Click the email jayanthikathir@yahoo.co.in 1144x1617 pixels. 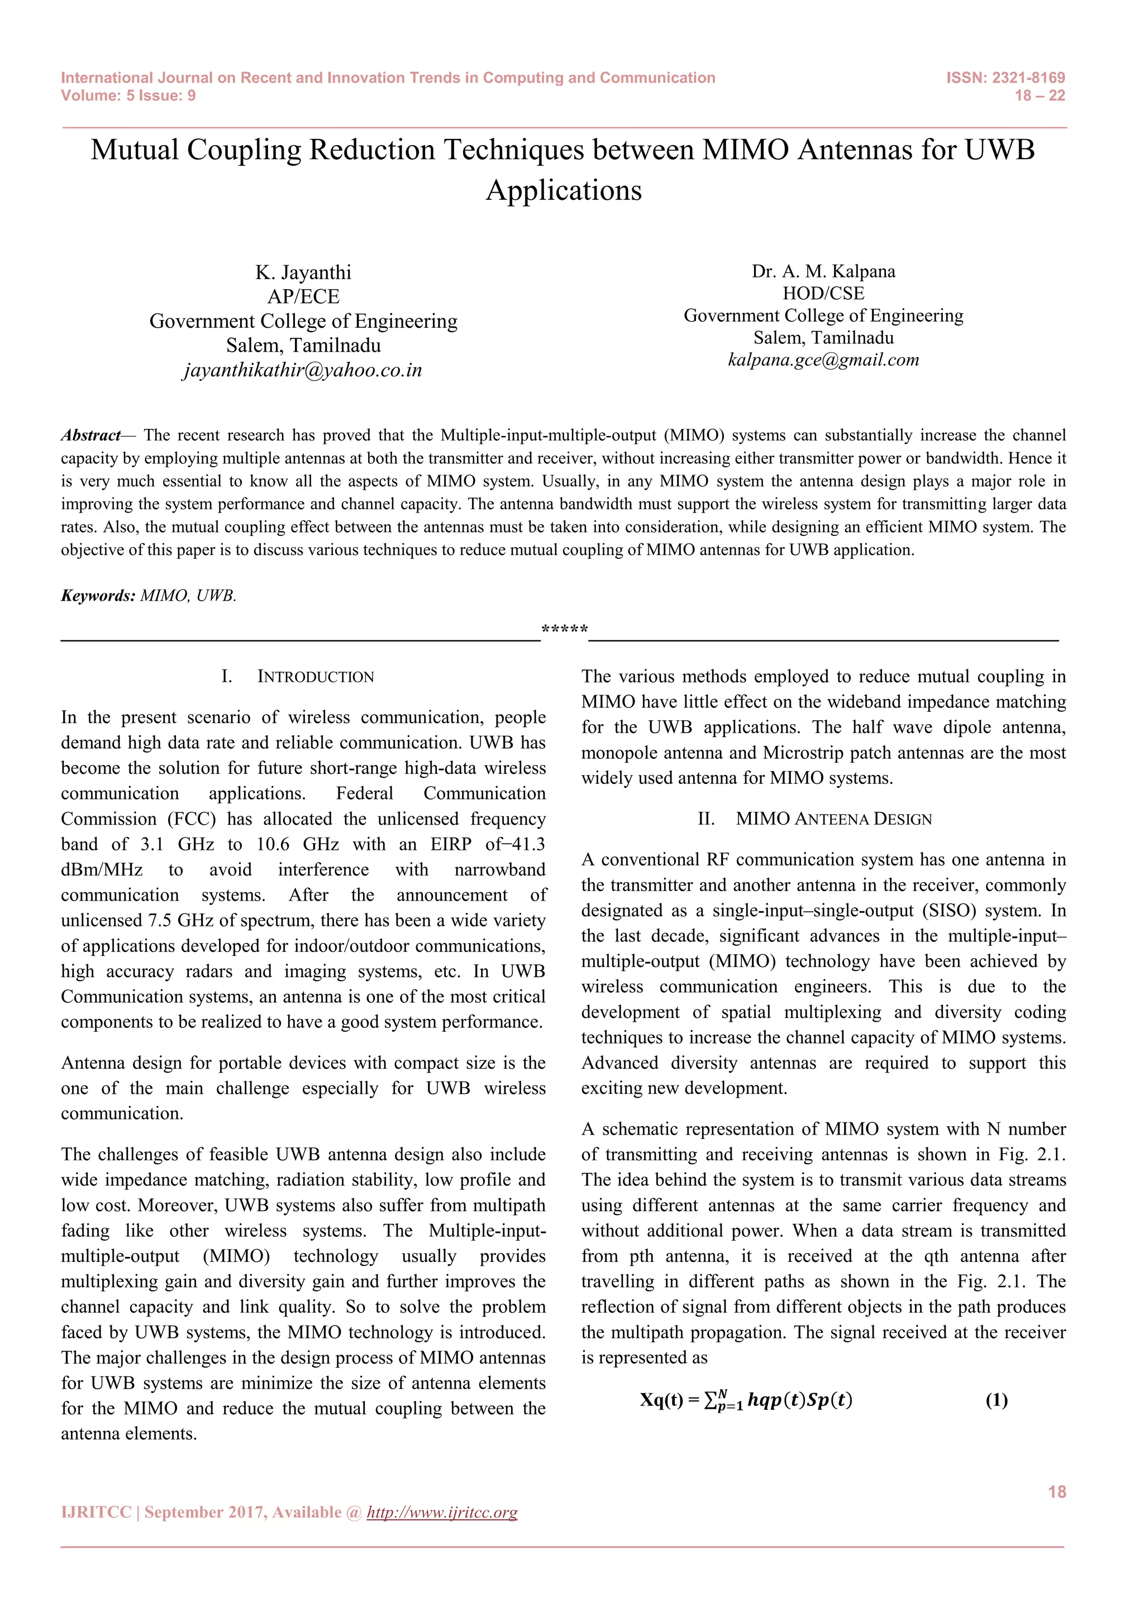point(303,370)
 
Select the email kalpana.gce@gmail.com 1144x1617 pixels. point(823,360)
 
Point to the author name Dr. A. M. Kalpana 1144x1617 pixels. point(823,271)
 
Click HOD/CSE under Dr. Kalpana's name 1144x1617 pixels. point(823,293)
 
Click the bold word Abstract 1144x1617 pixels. point(90,435)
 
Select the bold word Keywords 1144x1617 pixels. point(98,596)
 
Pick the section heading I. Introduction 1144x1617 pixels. point(297,677)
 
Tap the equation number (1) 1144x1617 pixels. point(996,1400)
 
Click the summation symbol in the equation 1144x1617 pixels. point(712,1400)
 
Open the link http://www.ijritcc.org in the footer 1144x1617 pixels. point(442,1512)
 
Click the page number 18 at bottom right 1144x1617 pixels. point(1057,1491)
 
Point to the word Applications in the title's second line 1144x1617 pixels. point(564,191)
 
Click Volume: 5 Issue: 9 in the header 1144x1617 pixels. point(128,96)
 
